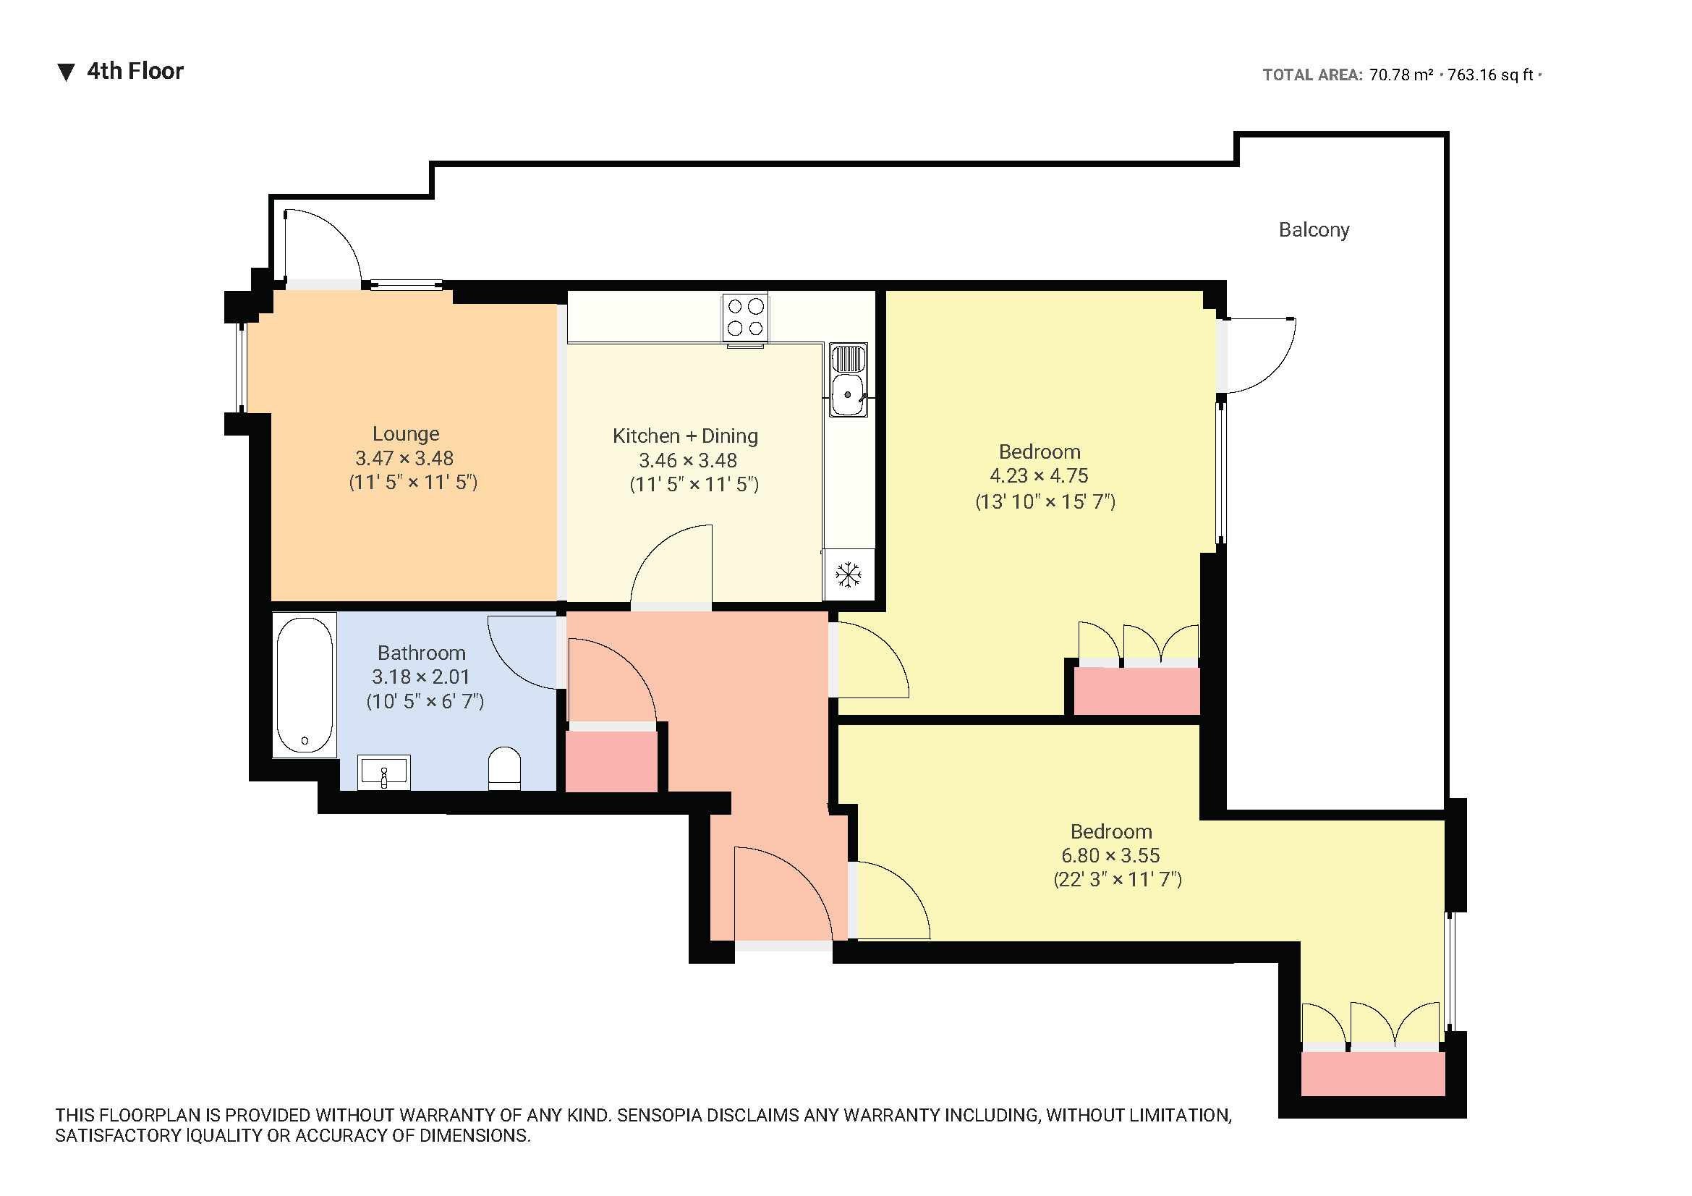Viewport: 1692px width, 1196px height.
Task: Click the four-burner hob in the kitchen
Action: [x=745, y=318]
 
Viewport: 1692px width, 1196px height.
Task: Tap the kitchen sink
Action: [x=848, y=381]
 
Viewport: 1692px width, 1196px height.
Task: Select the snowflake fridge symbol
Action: [x=849, y=574]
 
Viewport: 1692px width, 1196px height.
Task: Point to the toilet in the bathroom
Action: [x=504, y=768]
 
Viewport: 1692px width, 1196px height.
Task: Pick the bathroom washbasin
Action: [x=384, y=772]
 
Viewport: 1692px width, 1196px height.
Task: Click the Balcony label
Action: [x=1313, y=230]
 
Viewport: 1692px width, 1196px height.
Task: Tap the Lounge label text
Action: [x=405, y=433]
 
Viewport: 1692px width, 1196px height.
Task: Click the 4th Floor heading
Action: [x=135, y=72]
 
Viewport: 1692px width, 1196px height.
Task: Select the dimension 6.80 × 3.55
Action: [x=1110, y=855]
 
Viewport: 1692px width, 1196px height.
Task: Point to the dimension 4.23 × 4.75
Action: [x=1038, y=476]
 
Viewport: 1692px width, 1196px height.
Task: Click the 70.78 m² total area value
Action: [x=1400, y=75]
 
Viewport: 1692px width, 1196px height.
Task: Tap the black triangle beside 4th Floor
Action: [x=67, y=72]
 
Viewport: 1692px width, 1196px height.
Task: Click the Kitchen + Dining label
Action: [x=684, y=436]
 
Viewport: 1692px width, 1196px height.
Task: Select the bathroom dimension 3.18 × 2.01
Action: [x=420, y=677]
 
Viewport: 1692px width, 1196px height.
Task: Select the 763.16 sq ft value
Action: [x=1489, y=75]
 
